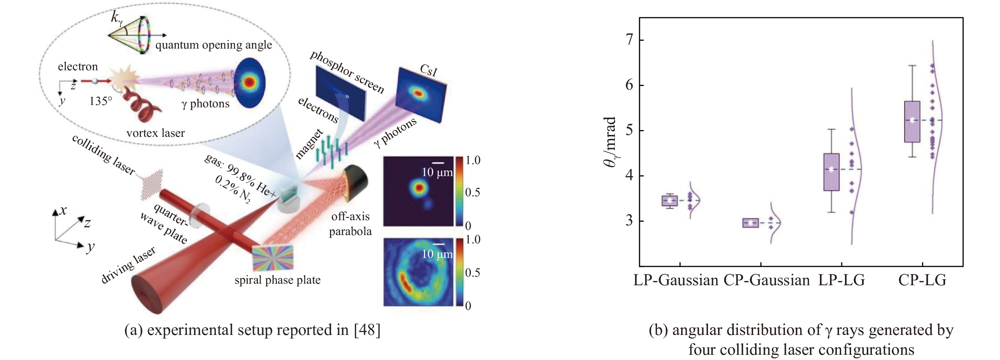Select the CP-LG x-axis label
(922, 280)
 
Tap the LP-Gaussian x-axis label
(676, 280)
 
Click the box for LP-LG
(832, 172)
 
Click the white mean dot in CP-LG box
(912, 120)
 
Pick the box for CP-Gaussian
(750, 223)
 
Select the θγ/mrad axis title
(611, 142)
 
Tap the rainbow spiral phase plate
(273, 258)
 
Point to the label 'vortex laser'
(155, 133)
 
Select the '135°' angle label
(100, 101)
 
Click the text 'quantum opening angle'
(214, 45)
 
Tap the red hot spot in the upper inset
(419, 188)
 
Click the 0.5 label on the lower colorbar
(473, 273)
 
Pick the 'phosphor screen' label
(346, 72)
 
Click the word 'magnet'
(309, 144)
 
